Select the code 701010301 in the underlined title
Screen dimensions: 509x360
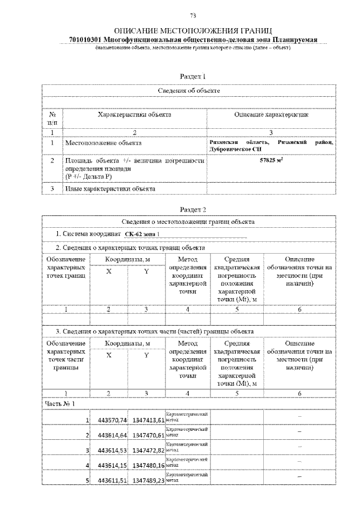[84, 39]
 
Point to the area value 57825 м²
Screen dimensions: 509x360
[271, 161]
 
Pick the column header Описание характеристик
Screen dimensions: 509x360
[271, 115]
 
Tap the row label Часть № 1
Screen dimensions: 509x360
[60, 403]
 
